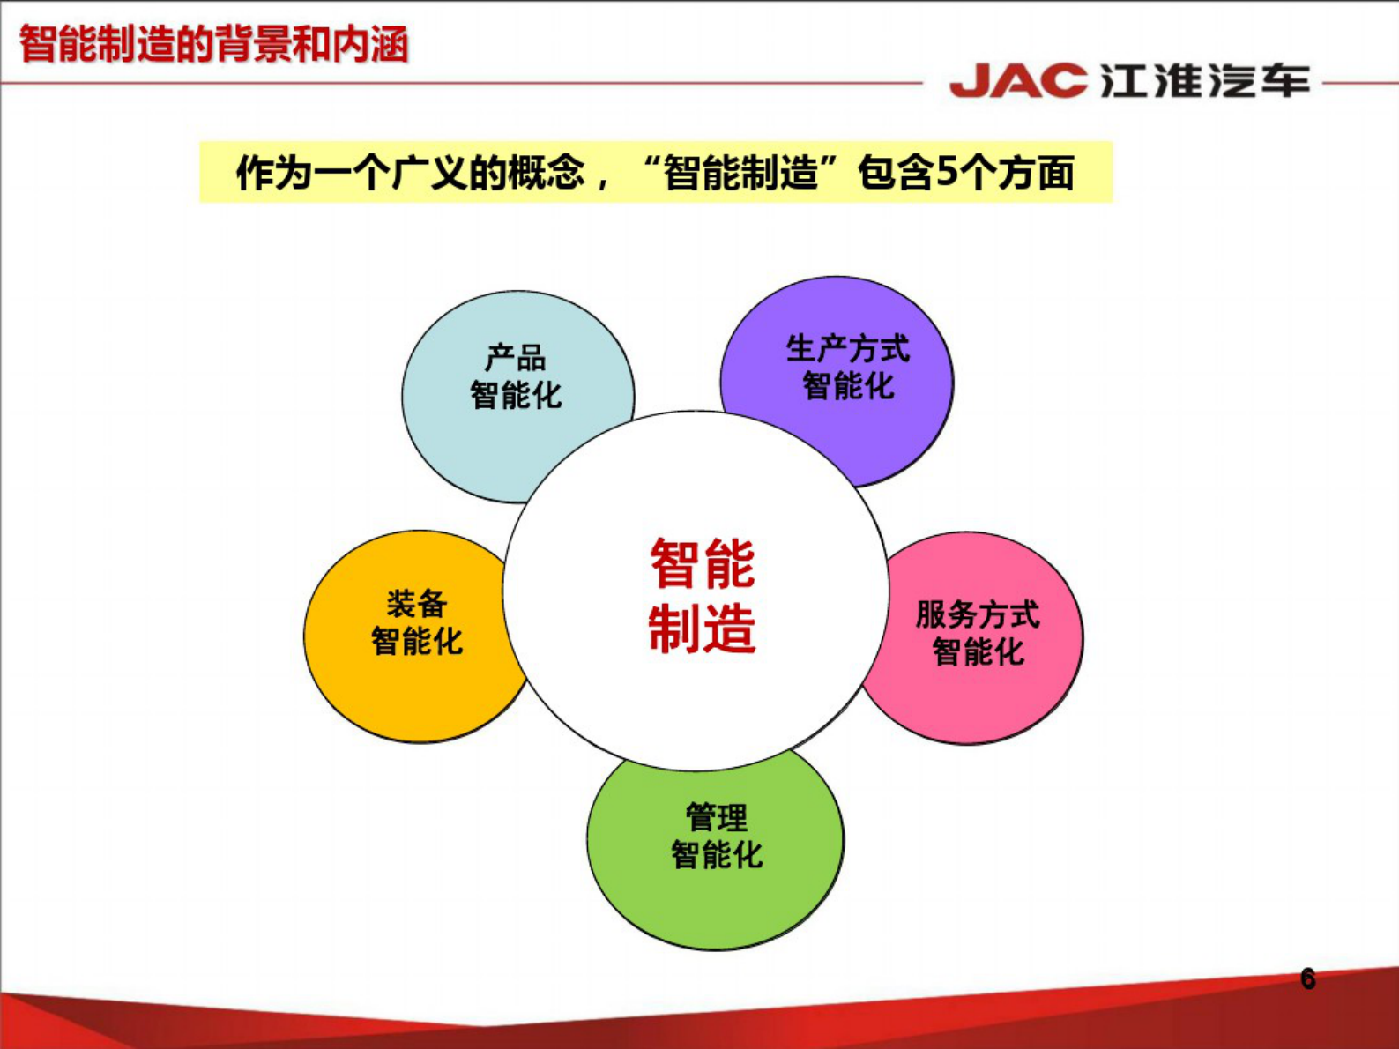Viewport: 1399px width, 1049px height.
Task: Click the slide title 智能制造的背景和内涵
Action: point(213,44)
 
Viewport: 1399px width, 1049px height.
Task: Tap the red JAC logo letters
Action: point(1018,81)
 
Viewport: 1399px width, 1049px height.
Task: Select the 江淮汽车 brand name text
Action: point(1205,81)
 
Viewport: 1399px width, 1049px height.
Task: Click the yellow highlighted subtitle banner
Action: point(655,172)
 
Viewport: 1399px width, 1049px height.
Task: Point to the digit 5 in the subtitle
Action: point(946,172)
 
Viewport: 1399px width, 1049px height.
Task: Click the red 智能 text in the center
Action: point(703,564)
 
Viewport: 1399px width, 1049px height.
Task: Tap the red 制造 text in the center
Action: point(703,629)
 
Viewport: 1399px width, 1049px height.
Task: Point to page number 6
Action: point(1307,978)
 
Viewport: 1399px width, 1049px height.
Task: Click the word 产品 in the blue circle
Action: point(516,359)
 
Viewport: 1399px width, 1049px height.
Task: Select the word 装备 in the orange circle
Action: point(416,605)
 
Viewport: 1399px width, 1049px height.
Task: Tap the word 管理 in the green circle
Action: point(716,818)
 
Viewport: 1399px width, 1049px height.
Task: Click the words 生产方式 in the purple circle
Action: point(847,349)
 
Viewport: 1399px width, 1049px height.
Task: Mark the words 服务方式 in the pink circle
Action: point(978,614)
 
